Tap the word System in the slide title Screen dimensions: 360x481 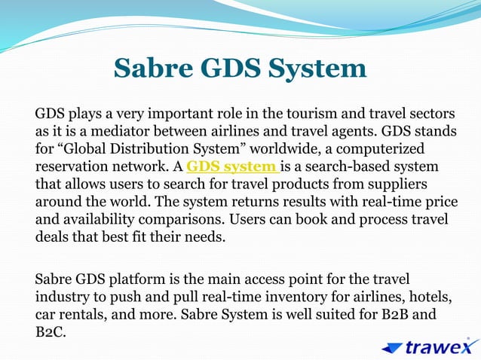(316, 69)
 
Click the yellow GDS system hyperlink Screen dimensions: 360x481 (232, 166)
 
